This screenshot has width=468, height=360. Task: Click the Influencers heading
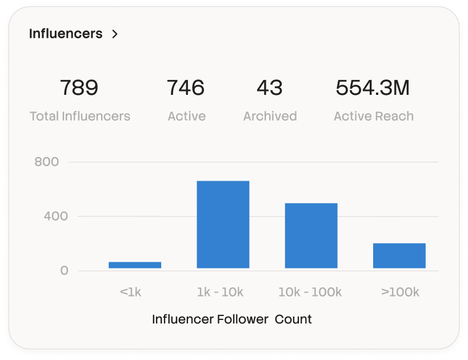click(66, 34)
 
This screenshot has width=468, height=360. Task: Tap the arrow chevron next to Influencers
click(115, 34)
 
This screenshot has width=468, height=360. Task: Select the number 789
click(79, 88)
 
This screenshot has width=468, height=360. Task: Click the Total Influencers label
click(80, 117)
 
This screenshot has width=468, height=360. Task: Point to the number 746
click(186, 88)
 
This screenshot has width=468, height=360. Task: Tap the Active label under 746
click(187, 117)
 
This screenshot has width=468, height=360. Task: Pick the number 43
click(270, 88)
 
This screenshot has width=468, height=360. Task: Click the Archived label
click(270, 117)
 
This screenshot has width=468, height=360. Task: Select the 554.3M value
click(373, 88)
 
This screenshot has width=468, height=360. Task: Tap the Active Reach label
click(374, 117)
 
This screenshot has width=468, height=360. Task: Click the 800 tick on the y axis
click(47, 162)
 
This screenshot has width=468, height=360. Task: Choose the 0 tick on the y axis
click(65, 270)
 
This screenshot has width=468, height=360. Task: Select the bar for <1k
click(135, 265)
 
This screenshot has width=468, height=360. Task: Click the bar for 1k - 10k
click(223, 225)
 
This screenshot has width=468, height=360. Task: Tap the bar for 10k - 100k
click(311, 235)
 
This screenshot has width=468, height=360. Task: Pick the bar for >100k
click(399, 255)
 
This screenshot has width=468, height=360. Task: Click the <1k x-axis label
click(130, 292)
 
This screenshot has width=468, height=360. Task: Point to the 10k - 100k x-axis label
click(310, 292)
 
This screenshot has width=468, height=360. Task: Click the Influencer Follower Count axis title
click(232, 319)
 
